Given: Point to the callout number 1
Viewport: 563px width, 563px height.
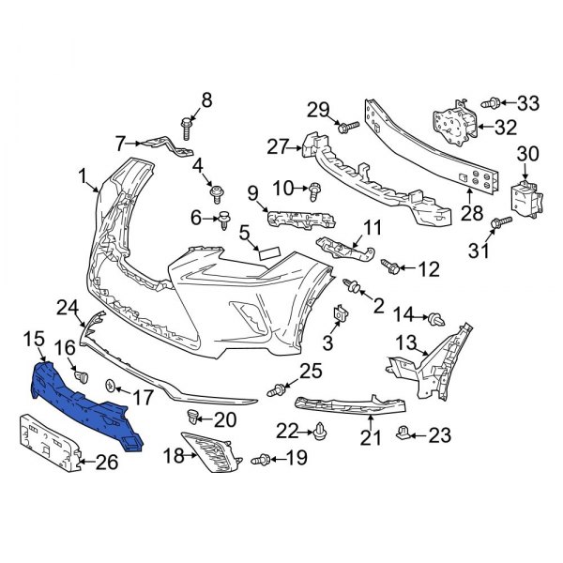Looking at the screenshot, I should click(83, 175).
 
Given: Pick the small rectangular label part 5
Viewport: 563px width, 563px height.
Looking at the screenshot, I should click(268, 251).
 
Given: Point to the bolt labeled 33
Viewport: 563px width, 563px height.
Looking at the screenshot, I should click(490, 102).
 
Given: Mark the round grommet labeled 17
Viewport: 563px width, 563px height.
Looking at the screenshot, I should click(111, 385).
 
